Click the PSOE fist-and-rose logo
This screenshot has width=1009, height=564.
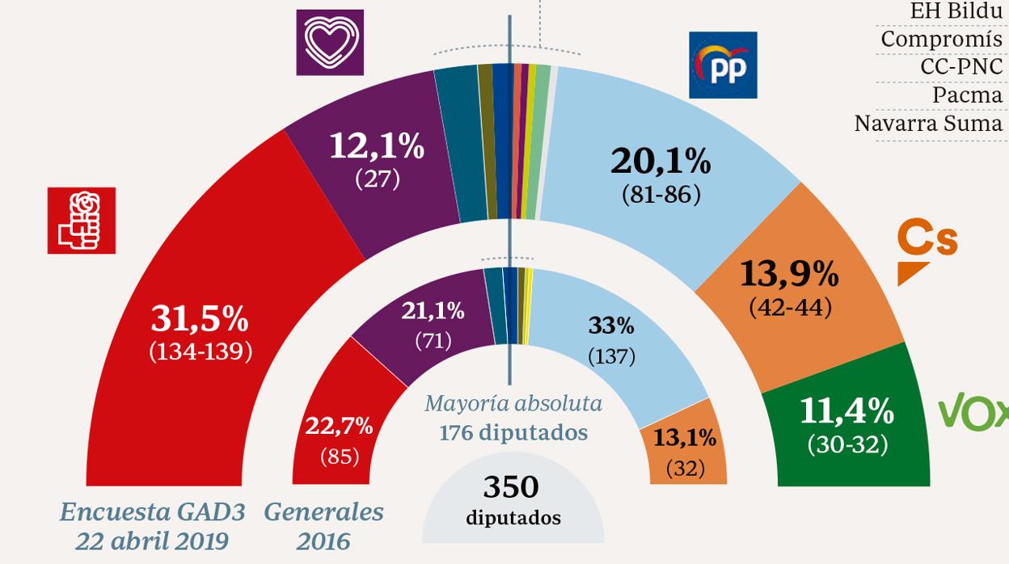click(x=81, y=221)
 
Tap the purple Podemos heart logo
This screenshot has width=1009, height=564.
click(x=330, y=42)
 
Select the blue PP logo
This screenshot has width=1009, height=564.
click(x=723, y=65)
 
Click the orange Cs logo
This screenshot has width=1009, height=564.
click(x=927, y=250)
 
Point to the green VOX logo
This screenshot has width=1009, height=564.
click(x=973, y=413)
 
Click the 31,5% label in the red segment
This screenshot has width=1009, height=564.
click(x=200, y=320)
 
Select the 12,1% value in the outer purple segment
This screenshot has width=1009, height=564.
click(x=377, y=146)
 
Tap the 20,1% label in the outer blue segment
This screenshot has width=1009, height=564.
click(x=661, y=162)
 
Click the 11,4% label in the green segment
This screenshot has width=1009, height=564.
click(x=846, y=412)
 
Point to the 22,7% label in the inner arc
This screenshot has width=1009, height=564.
click(x=339, y=426)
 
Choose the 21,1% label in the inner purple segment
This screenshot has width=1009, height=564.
click(x=433, y=310)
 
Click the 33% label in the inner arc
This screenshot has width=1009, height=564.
click(x=611, y=326)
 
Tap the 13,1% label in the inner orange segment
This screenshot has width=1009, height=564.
click(x=685, y=438)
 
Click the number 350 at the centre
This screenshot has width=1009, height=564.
click(x=511, y=487)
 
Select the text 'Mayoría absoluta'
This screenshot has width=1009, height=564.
click(x=513, y=403)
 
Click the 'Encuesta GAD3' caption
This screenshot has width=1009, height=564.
click(x=152, y=511)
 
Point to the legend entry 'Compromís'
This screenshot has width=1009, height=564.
click(x=941, y=39)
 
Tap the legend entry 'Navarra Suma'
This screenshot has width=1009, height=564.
click(x=928, y=124)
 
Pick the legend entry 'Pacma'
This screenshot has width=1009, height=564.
click(x=967, y=95)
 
